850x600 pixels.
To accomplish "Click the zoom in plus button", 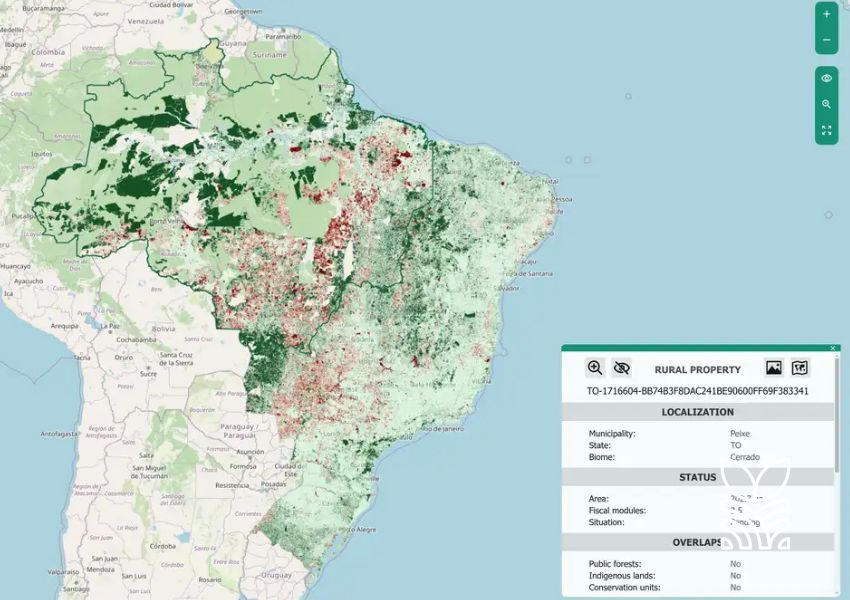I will click(826, 15).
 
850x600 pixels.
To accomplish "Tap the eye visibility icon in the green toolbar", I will click(826, 78).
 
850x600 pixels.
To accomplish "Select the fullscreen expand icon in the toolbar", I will click(826, 130).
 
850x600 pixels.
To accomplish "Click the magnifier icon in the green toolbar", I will click(826, 104).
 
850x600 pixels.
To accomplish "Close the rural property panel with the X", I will click(833, 348).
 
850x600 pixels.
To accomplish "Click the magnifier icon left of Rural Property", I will click(595, 368).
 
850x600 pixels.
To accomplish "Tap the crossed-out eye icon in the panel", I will click(622, 368).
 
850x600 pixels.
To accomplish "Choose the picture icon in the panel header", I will click(773, 368).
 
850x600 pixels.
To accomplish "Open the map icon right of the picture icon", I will click(800, 368).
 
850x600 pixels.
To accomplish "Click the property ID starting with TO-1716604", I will click(697, 391).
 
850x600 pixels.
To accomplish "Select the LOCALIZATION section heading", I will click(697, 412).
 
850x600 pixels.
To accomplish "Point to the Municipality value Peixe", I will click(740, 434).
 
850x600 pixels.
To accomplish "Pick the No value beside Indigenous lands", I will click(735, 575).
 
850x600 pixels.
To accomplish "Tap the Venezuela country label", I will click(145, 20).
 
